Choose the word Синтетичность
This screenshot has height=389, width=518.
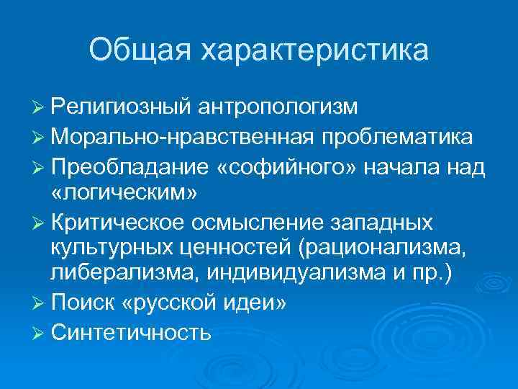pos(131,333)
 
